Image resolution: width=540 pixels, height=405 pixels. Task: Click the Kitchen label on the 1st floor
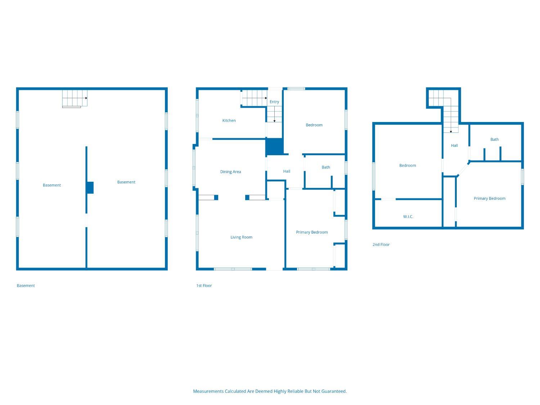[x=229, y=121]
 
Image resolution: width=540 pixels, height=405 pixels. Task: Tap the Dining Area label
[x=230, y=172]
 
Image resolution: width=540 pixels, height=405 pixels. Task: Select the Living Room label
[x=241, y=237]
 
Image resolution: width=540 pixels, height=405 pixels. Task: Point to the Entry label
[x=274, y=102]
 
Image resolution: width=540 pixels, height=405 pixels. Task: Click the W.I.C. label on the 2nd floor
[x=408, y=217]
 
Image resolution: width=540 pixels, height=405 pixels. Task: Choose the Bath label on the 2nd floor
[x=495, y=139]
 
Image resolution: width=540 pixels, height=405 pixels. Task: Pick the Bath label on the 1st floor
[x=326, y=167]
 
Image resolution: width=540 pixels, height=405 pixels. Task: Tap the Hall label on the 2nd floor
[x=454, y=145]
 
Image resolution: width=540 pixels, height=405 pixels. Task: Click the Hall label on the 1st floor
[x=287, y=171]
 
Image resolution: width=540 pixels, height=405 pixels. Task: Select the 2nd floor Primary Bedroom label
[x=490, y=198]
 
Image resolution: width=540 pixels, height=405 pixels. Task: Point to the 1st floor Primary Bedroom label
[x=312, y=232]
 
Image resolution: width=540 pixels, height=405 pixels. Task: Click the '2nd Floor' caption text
[x=381, y=244]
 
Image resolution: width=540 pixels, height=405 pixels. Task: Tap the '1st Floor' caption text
[x=204, y=285]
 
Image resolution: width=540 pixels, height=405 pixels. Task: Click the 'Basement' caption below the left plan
[x=26, y=285]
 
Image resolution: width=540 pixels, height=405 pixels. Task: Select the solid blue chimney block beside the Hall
[x=275, y=147]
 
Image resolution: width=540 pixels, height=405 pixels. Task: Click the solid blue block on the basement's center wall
[x=90, y=188]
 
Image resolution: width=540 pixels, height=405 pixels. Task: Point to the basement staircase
[x=75, y=98]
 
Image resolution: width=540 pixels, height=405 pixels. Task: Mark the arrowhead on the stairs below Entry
[x=275, y=121]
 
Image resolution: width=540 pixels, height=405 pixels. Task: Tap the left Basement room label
[x=52, y=185]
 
